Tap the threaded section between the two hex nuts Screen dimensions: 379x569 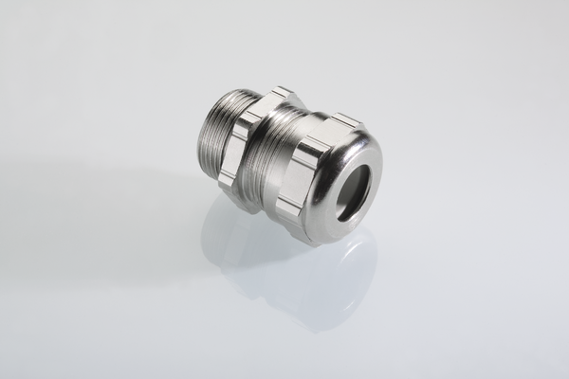277,156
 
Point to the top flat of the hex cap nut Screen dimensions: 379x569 343,120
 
